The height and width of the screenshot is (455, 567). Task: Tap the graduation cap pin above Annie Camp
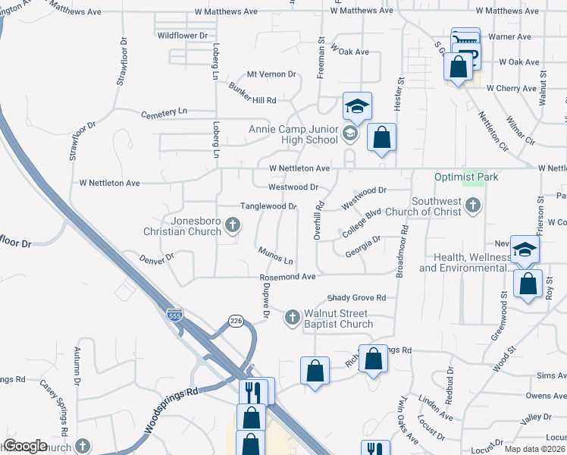357,107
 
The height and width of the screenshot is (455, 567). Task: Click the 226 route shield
236,322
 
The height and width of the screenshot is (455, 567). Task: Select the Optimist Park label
466,177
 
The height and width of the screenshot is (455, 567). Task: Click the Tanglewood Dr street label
268,206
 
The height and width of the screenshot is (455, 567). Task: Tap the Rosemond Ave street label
287,278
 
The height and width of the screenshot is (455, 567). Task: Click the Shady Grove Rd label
356,297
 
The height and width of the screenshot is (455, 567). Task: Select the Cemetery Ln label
164,112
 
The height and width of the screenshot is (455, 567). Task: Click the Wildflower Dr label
182,36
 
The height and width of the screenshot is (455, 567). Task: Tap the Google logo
25,446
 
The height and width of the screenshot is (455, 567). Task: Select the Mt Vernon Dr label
271,74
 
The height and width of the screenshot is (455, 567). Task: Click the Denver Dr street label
157,257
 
